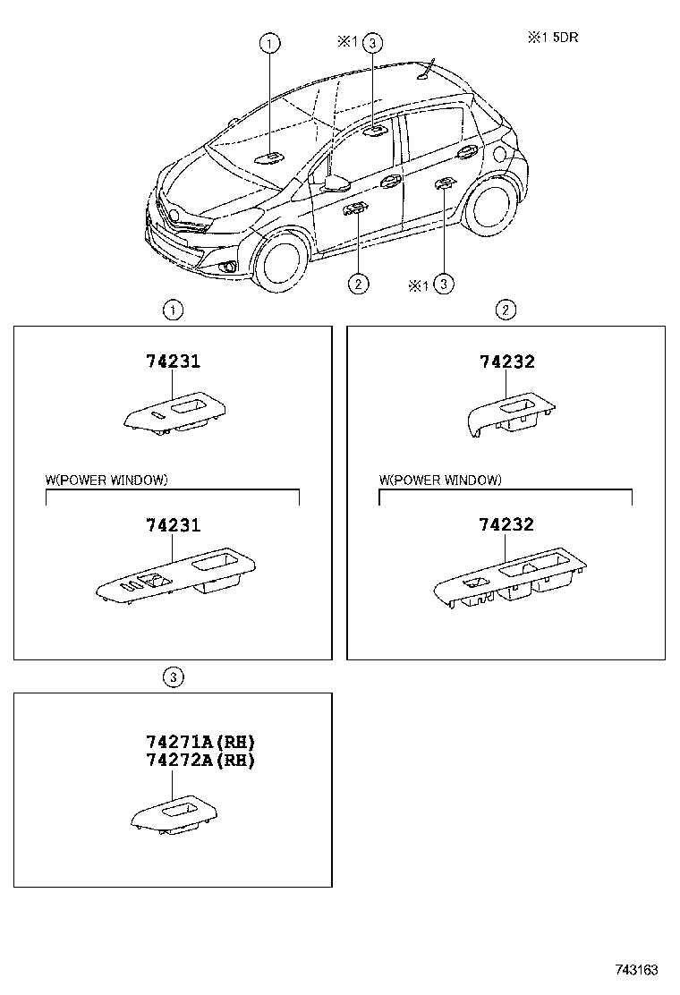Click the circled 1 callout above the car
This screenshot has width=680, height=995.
270,42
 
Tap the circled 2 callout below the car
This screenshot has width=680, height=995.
357,285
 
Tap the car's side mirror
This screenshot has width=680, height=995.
336,183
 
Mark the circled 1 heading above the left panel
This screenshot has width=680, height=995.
173,310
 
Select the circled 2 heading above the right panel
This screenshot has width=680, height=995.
506,310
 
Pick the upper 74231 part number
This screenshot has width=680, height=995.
173,362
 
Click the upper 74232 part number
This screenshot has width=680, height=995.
506,362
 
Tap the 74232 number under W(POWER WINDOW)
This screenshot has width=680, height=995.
506,525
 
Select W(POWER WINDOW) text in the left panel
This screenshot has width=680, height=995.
106,480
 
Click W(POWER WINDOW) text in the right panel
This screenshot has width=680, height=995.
440,480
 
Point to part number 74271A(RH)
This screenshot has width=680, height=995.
200,742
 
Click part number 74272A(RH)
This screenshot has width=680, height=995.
200,761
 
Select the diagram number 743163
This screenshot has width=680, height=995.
636,970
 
